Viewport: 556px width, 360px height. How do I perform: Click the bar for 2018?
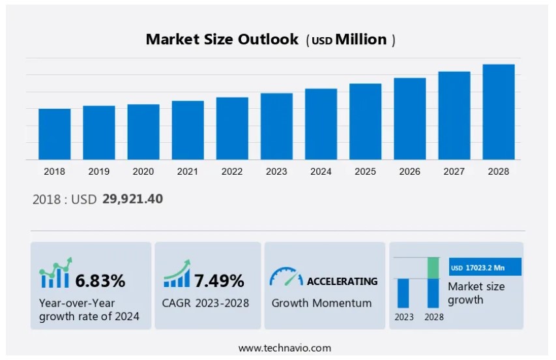tap(55, 134)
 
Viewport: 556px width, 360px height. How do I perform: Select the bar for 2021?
tap(188, 130)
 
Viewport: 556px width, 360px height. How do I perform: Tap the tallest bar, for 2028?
tap(499, 112)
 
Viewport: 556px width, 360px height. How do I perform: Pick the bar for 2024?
tap(321, 124)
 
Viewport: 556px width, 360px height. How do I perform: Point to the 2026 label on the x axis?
tap(409, 172)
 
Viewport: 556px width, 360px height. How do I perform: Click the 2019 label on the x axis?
tap(98, 172)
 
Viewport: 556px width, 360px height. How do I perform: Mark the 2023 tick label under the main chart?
tap(276, 172)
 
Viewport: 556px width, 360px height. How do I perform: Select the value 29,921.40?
tap(132, 199)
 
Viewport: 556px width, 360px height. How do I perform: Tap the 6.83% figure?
tap(100, 281)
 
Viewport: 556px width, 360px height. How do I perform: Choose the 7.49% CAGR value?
tap(219, 281)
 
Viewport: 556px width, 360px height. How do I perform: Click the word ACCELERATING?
tap(342, 281)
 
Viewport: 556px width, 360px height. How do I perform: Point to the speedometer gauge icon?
tap(285, 277)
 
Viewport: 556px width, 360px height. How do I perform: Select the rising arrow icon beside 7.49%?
tap(177, 274)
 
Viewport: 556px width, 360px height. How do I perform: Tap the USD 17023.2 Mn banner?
tap(486, 267)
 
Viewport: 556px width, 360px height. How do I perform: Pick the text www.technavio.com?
tap(284, 348)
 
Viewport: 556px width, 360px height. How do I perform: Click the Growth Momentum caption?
tap(321, 303)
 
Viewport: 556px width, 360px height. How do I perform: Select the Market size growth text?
tap(476, 293)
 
